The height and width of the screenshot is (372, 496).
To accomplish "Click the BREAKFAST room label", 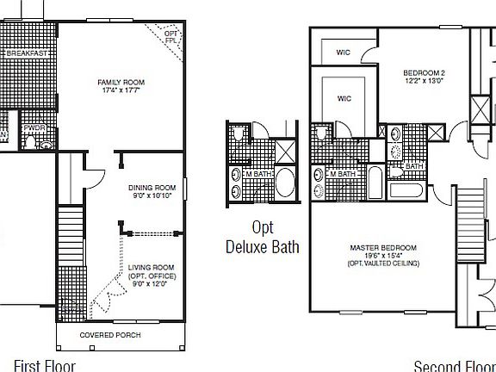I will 25,53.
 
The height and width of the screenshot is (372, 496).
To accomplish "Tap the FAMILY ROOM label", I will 121,83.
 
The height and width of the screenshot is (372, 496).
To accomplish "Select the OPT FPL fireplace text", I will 171,37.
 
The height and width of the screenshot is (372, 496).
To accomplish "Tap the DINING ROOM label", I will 152,188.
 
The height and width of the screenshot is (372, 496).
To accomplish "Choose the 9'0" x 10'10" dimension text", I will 152,196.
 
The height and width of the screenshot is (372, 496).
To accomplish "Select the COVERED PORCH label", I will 110,335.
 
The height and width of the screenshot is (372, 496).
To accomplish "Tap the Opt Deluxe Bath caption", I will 263,238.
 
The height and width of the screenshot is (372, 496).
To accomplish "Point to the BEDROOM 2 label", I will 423,72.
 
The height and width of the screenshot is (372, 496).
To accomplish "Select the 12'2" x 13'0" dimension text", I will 423,82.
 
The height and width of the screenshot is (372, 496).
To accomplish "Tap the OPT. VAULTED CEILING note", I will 383,263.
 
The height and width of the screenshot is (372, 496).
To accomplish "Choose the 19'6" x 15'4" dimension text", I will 383,256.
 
